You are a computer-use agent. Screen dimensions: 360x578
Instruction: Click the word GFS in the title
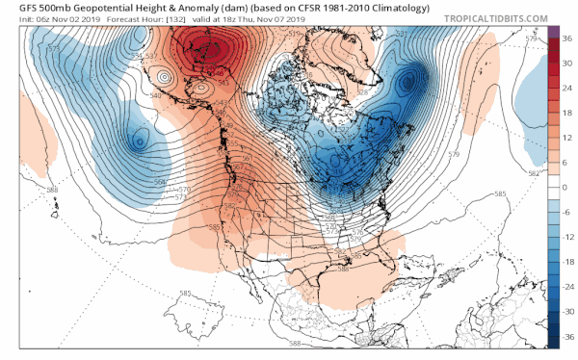click(16, 8)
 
